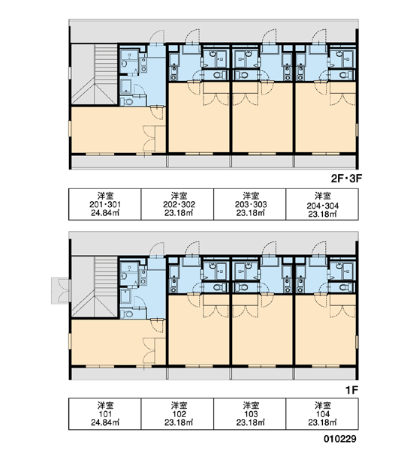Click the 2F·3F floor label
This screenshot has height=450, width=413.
click(346, 178)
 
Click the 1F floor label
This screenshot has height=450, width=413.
click(351, 390)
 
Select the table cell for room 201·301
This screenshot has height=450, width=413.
click(105, 204)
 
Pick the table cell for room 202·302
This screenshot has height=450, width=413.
click(177, 204)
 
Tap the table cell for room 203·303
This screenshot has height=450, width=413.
click(250, 204)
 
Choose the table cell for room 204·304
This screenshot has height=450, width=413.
click(322, 204)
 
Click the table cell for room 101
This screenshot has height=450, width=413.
click(105, 414)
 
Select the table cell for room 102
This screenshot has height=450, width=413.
click(177, 414)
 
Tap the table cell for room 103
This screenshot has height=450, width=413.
click(250, 414)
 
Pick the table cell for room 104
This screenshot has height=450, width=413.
click(322, 414)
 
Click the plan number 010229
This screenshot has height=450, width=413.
click(340, 439)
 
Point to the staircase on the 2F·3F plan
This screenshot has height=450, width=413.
click(95, 74)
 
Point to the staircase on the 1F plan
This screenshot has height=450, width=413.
click(95, 287)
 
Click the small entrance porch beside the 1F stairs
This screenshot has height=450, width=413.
click(61, 291)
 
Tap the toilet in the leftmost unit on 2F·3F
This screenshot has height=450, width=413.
click(126, 101)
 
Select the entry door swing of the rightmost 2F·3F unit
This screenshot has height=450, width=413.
click(320, 37)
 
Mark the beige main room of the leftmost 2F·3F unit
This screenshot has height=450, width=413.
click(118, 130)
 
